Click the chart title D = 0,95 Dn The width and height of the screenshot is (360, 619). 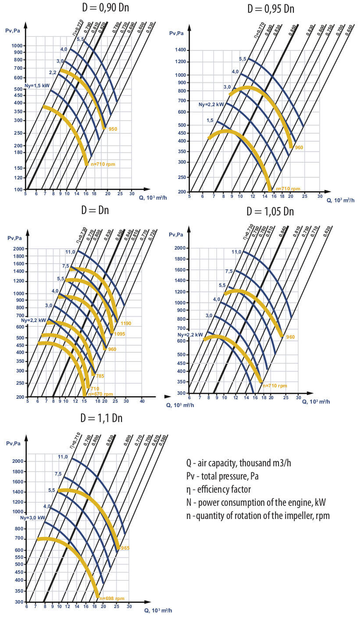click(x=271, y=8)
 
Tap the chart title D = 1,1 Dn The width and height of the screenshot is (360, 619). click(x=101, y=418)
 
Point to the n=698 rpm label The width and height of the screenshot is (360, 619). click(x=112, y=598)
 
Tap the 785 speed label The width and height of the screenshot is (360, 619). click(x=100, y=376)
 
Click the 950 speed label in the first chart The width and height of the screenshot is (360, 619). click(x=113, y=129)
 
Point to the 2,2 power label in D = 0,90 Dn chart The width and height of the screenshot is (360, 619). click(x=53, y=72)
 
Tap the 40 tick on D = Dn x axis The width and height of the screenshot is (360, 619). click(x=142, y=401)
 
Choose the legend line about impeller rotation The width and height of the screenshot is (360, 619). click(x=258, y=515)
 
